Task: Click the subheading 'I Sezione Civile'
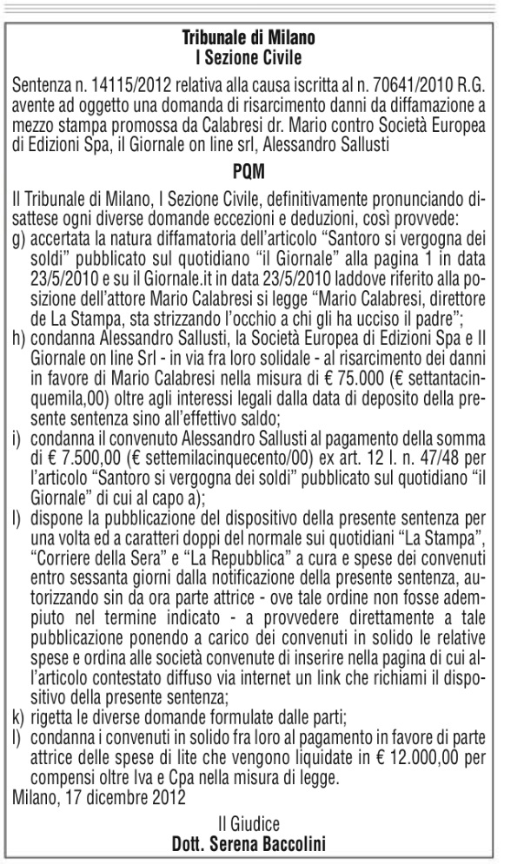(x=249, y=57)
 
